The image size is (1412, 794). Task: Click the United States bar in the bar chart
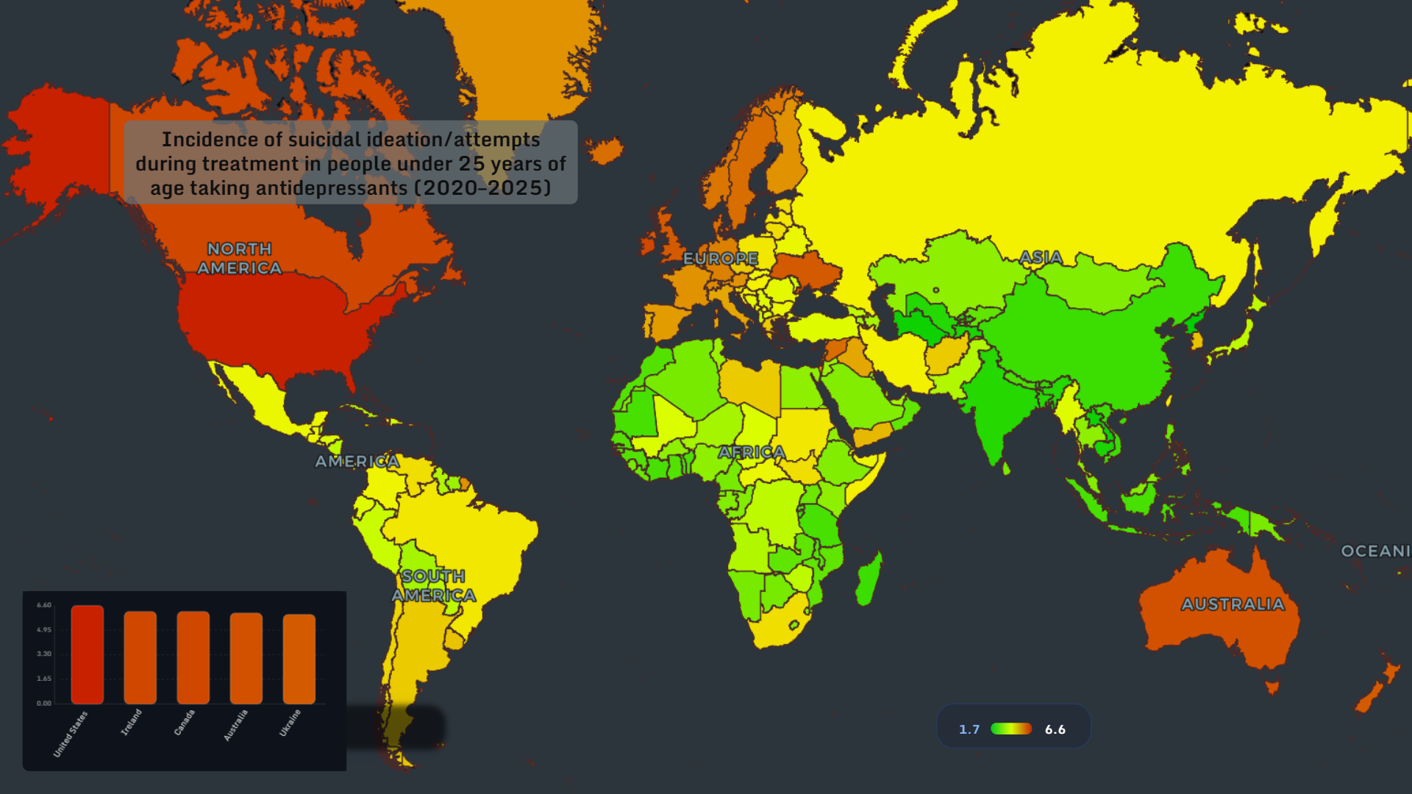click(x=87, y=654)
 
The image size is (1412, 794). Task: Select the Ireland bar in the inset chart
click(x=140, y=657)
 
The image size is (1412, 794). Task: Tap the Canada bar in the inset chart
click(x=193, y=657)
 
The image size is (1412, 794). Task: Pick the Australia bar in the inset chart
click(x=246, y=658)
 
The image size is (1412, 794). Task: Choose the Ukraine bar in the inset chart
click(x=299, y=659)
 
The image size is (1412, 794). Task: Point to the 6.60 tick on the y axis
click(x=44, y=605)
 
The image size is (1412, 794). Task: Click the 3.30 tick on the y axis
click(x=44, y=654)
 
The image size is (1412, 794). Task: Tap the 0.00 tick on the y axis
click(x=44, y=704)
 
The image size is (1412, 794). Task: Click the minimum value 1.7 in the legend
click(x=969, y=729)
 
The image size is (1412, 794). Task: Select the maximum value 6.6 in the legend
click(x=1055, y=729)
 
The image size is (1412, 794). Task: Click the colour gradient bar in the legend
click(x=1011, y=729)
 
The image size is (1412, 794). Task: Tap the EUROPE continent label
click(x=720, y=259)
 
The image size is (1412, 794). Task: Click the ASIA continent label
click(x=1041, y=257)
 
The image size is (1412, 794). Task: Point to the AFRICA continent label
click(x=751, y=452)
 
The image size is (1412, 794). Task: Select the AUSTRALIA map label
click(x=1233, y=604)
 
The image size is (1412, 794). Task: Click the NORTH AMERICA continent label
click(x=239, y=259)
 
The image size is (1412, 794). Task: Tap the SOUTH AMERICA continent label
click(x=433, y=586)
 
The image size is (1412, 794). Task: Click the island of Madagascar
click(x=869, y=579)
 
